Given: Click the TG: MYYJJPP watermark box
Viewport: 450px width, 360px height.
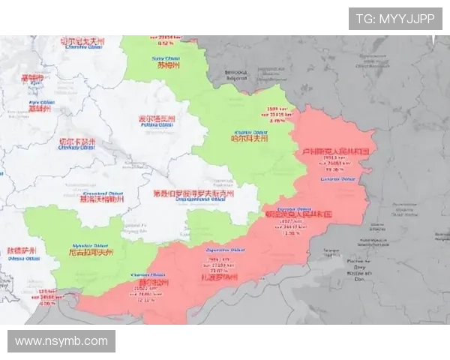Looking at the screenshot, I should coord(394,19).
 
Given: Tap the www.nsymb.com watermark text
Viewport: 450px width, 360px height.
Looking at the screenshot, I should coord(61,341).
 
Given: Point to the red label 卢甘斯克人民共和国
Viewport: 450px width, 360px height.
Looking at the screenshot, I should coord(334,151).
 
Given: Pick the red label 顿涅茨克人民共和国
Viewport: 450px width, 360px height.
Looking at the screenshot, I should coord(298,214).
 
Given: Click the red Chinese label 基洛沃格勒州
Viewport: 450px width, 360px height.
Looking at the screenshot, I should coord(101,199).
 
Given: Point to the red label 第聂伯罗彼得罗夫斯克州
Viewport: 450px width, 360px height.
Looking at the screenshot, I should coord(193,193).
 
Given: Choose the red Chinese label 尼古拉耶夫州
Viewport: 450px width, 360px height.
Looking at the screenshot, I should coord(90,253).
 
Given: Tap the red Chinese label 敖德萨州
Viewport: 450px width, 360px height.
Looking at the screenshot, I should coord(21,250).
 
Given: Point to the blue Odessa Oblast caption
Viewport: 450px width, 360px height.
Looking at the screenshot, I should coord(20,259).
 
